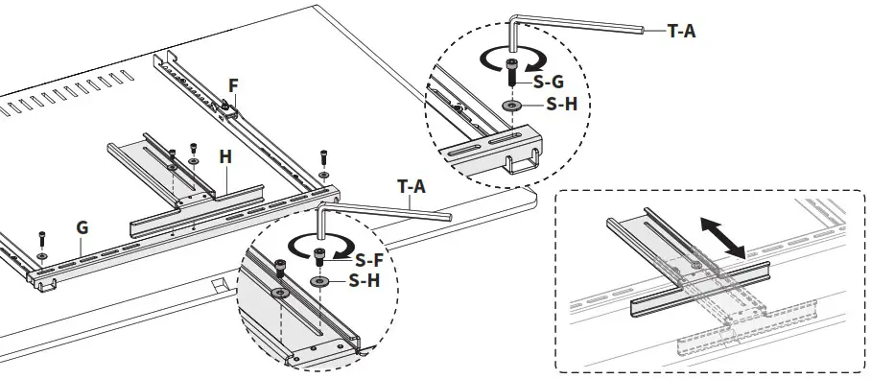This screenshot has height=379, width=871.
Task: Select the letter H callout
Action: tap(224, 154)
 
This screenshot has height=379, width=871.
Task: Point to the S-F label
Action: tap(370, 260)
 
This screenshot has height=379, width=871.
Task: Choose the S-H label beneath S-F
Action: tap(365, 281)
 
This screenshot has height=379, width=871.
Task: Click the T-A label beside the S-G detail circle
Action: tap(681, 31)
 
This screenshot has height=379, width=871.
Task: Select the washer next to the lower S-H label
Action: tap(319, 282)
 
